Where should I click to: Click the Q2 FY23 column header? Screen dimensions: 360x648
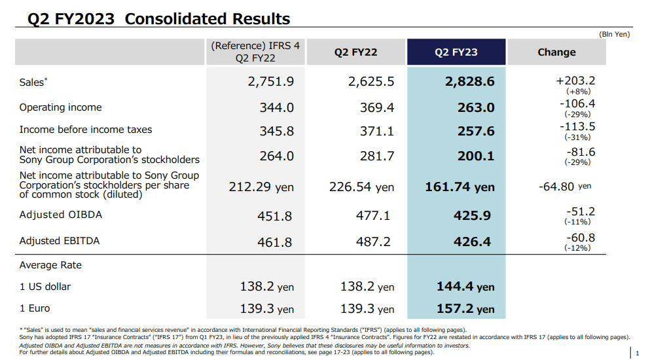456,52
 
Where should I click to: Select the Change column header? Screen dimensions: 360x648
556,52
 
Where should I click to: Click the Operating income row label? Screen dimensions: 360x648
60,107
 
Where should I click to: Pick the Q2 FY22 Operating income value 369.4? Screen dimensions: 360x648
377,107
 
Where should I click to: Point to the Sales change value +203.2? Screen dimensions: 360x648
575,81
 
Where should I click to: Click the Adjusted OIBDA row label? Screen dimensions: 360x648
61,215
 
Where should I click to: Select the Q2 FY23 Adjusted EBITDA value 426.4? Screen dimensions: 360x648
472,242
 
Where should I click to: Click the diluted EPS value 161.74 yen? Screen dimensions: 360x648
457,187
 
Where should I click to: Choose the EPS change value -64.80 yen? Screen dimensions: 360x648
565,187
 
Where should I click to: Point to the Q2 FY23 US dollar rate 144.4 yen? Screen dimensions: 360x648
465,287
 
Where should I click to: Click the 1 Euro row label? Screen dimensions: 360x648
35,308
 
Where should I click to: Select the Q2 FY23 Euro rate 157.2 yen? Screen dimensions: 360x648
465,309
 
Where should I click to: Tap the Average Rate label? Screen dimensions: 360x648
50,265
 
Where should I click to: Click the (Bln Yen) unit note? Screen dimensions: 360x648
614,34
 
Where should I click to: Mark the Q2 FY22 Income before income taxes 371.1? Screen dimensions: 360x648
377,132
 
